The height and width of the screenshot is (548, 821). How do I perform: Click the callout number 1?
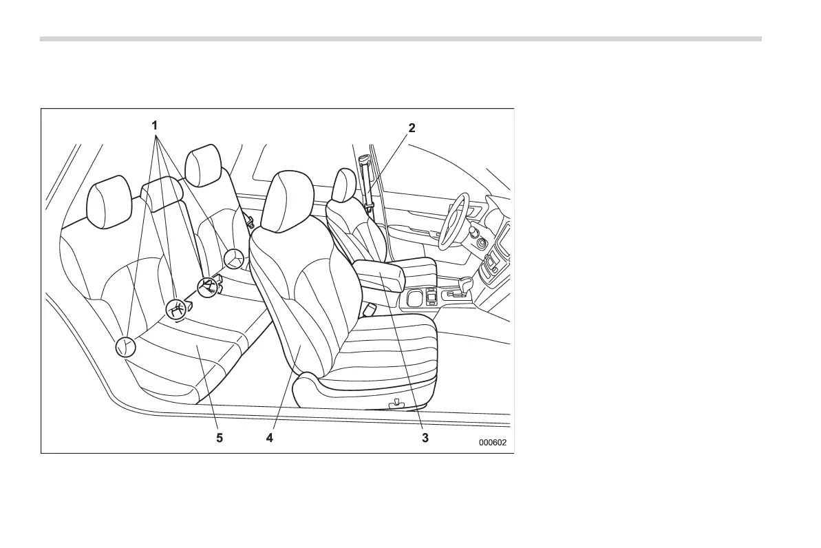155,125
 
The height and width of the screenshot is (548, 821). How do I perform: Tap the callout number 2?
412,127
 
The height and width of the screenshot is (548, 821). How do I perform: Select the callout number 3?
425,438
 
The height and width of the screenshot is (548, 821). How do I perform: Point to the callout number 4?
270,438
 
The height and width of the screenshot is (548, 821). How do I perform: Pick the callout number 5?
220,438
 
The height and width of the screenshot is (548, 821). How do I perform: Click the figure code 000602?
493,443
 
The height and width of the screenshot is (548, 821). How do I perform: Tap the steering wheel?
454,220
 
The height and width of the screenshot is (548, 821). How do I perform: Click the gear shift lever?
466,286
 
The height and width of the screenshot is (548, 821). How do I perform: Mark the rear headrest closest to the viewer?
109,201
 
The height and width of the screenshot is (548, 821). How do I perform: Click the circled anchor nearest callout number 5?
125,347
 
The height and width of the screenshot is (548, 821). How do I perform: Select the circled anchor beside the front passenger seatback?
235,260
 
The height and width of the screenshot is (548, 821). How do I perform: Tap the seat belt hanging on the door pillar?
366,186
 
